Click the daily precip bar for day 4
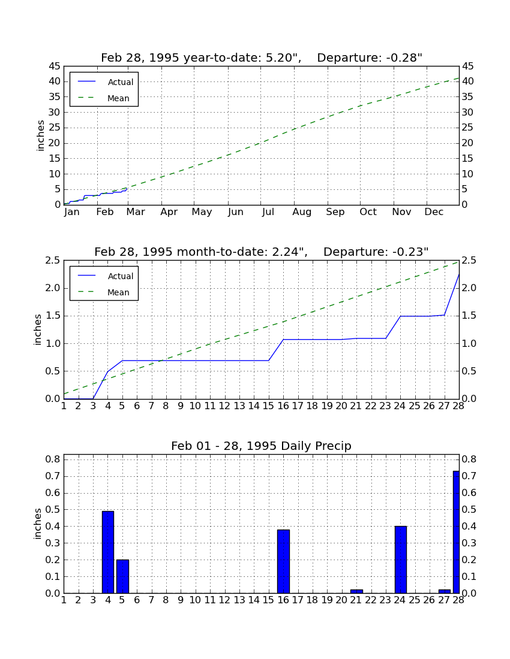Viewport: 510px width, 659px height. coord(108,552)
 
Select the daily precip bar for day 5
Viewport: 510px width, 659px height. coord(122,576)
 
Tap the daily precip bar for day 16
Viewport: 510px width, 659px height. coord(283,561)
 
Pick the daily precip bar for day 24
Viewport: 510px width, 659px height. coord(400,560)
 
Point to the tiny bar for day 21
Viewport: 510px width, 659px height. coord(356,592)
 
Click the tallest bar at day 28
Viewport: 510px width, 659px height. coord(456,532)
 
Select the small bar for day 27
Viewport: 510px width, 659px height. coord(445,592)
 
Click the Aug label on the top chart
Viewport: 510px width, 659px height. coord(302,212)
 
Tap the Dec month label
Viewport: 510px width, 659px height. coord(434,212)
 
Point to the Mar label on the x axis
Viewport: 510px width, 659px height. coord(136,212)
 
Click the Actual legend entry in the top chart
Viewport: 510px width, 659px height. coord(104,82)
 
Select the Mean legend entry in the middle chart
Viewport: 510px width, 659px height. coord(104,292)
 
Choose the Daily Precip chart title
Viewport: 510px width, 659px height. coord(262,446)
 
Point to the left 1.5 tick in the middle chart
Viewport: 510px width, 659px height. coord(53,316)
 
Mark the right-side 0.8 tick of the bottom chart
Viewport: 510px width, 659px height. coord(469,459)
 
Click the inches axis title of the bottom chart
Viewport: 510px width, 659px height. coord(38,524)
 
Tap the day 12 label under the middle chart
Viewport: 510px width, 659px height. coord(225,406)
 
